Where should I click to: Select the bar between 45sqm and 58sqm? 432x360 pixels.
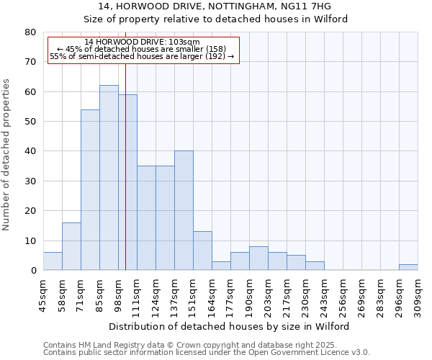click(x=53, y=261)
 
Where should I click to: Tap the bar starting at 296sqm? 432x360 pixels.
click(x=408, y=267)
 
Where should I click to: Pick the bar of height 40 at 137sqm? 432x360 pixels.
click(x=184, y=210)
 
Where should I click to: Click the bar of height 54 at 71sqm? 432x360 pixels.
click(x=90, y=190)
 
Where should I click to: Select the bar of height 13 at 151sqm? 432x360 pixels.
click(x=202, y=251)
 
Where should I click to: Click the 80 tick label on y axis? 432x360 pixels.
click(x=30, y=32)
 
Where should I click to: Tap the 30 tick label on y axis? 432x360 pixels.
click(x=30, y=181)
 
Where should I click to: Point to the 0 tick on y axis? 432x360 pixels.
click(x=33, y=271)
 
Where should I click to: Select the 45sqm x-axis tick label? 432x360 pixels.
click(x=43, y=293)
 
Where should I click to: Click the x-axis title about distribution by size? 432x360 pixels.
click(x=230, y=326)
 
